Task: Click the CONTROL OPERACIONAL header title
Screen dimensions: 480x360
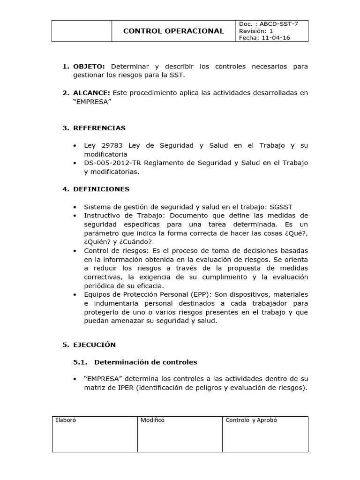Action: (173, 31)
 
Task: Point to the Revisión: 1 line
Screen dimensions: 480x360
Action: (255, 31)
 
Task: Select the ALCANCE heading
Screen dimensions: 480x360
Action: (91, 93)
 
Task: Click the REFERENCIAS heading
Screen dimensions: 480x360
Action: (99, 128)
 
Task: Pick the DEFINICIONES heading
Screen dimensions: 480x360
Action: (101, 189)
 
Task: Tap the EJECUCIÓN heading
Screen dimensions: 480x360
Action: (94, 345)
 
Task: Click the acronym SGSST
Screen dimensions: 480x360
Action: (282, 207)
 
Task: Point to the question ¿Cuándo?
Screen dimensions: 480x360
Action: (136, 242)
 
